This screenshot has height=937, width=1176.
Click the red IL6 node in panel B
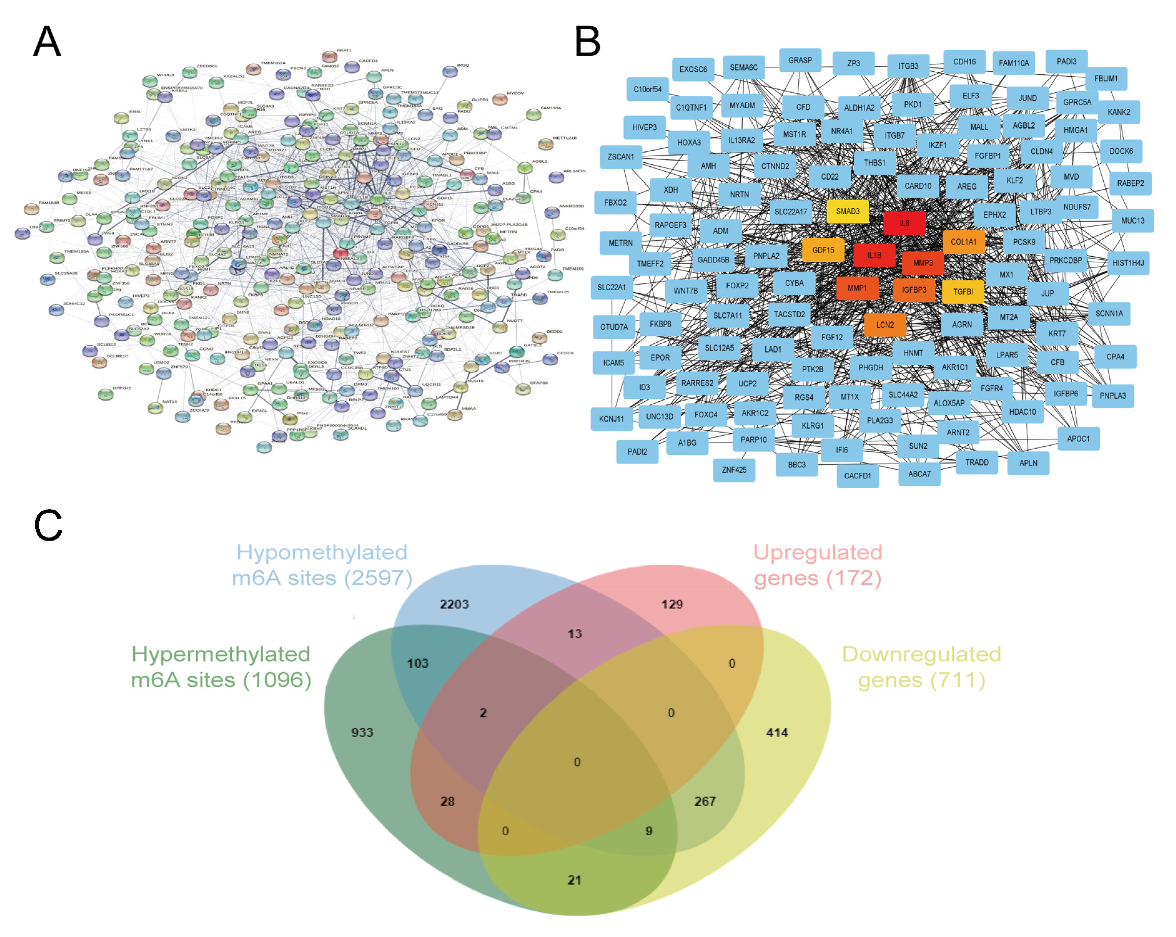(904, 223)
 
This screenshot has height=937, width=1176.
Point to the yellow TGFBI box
(963, 292)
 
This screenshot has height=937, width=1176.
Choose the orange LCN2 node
(885, 325)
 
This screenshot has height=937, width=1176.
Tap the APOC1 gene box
(1078, 438)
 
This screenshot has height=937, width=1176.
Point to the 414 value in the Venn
(777, 732)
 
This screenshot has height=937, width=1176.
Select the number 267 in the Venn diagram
(705, 801)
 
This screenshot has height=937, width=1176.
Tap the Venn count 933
(362, 732)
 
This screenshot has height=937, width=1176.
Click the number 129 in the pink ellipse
(672, 604)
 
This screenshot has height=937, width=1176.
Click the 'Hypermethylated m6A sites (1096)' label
(221, 667)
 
